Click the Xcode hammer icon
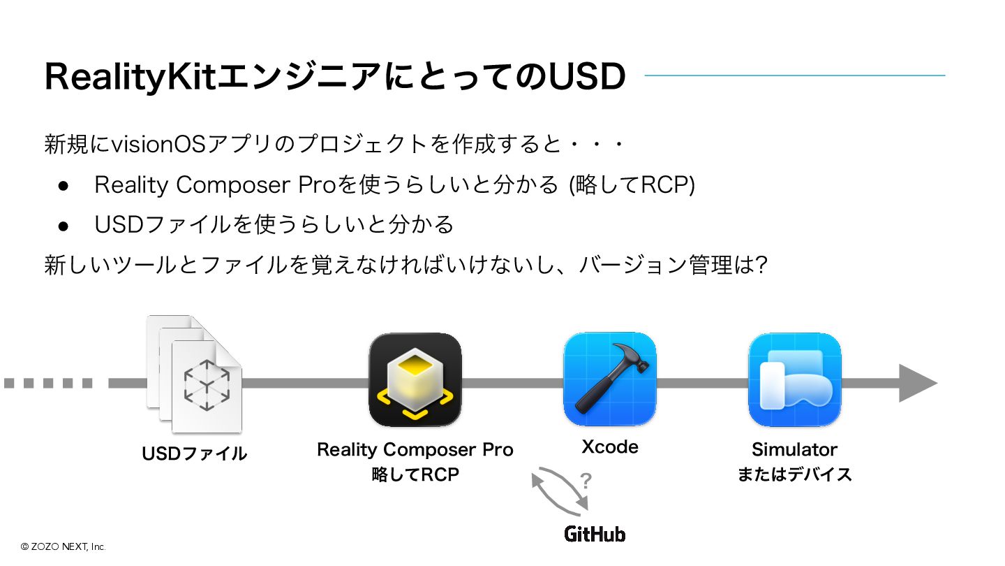[609, 379]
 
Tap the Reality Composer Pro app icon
[415, 379]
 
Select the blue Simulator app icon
[794, 379]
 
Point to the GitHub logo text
[595, 535]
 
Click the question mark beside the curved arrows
[586, 481]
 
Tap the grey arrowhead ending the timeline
[916, 383]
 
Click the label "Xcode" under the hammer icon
[609, 447]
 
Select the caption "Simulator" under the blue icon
[794, 449]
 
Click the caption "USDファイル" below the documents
[195, 453]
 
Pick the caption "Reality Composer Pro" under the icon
[415, 449]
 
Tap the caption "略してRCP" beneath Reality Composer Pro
[415, 475]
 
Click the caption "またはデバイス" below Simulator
[794, 474]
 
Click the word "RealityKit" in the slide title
[131, 76]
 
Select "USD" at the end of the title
[586, 76]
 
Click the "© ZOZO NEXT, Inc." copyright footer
[63, 547]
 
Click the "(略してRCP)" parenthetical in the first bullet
[632, 185]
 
